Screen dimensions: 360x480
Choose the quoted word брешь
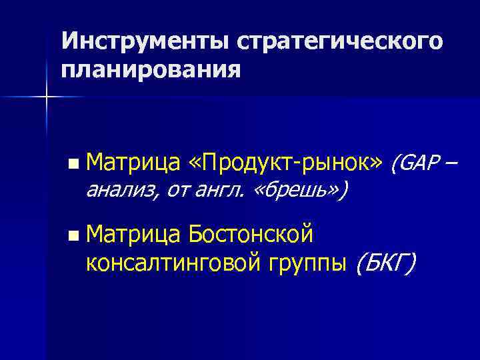tap(298, 191)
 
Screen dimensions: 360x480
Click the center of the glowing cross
tap(47, 97)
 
